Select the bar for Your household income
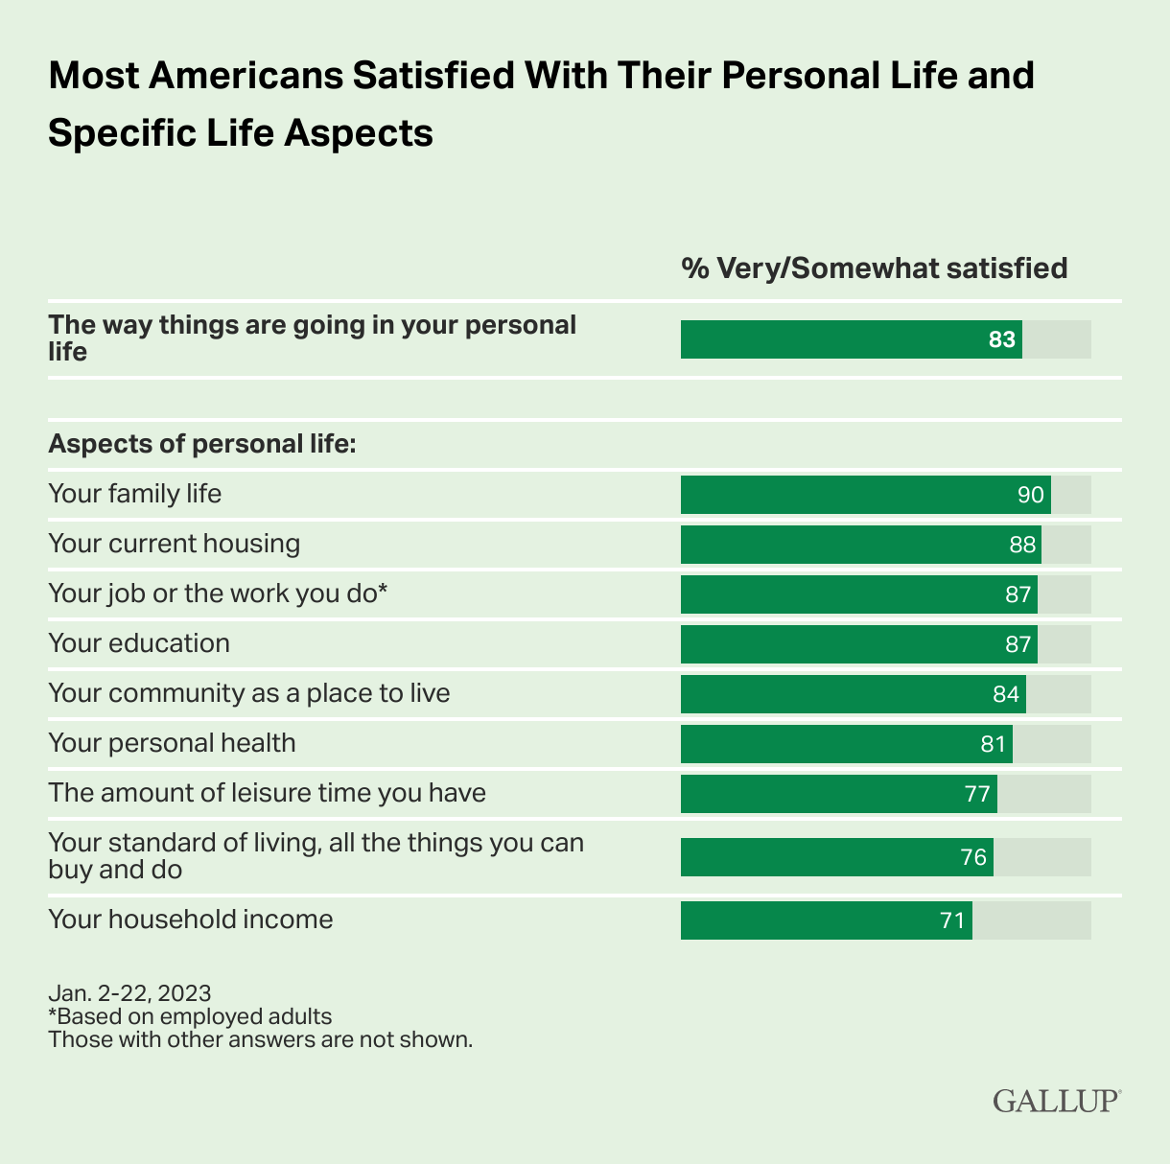[826, 920]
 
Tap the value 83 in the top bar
[1002, 339]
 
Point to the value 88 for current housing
[1022, 545]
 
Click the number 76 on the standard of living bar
[973, 857]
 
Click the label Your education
[139, 642]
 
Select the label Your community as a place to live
[248, 692]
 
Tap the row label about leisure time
[267, 793]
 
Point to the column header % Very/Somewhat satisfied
[874, 268]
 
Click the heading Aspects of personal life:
[202, 445]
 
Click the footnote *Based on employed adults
[190, 1016]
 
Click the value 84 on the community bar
[1006, 694]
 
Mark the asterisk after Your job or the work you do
[382, 590]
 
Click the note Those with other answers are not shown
[260, 1039]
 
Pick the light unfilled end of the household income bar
[1031, 920]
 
